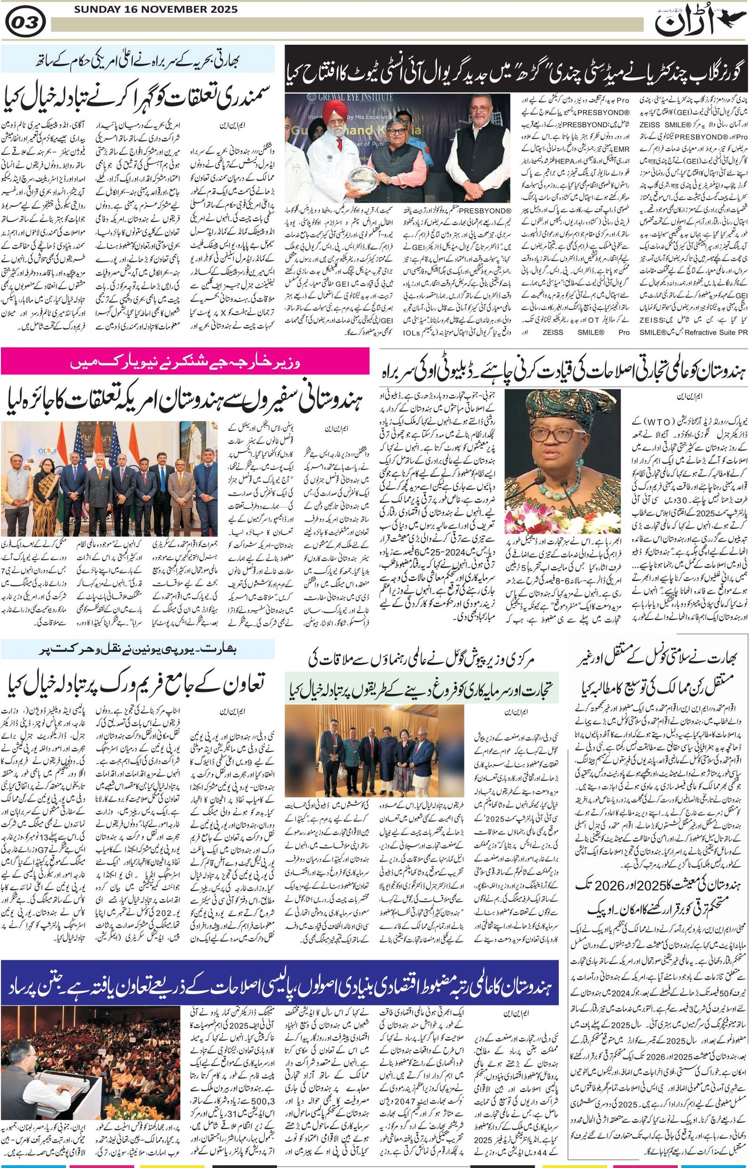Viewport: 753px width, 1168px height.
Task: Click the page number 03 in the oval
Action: pyautogui.click(x=25, y=22)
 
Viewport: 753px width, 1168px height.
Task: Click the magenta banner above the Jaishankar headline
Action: pyautogui.click(x=185, y=362)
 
